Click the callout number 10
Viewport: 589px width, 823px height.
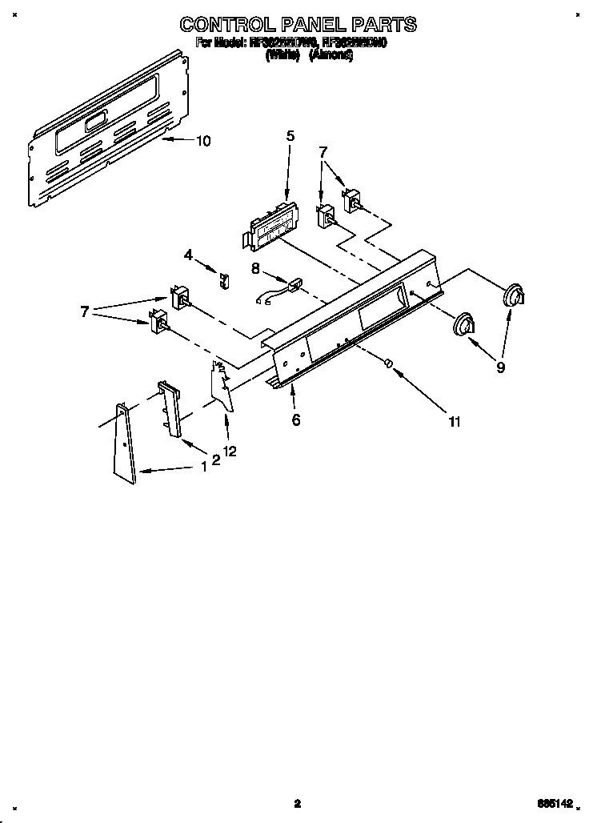[x=203, y=141]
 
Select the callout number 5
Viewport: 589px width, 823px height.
[x=290, y=136]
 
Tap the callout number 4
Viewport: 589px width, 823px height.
[x=188, y=255]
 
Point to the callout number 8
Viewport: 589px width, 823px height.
[x=255, y=269]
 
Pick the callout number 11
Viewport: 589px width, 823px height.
[x=454, y=422]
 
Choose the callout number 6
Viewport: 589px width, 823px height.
[x=295, y=420]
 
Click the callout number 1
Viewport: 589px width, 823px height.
[x=204, y=465]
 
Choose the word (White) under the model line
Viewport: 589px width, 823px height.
[x=282, y=55]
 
